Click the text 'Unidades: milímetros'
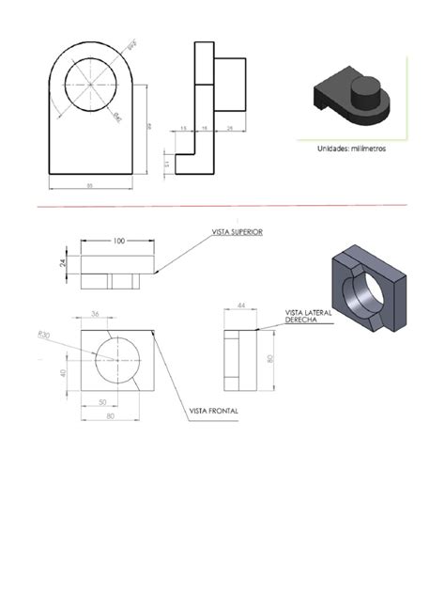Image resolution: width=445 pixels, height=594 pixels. [x=349, y=148]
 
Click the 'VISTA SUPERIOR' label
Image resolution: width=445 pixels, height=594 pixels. [x=238, y=232]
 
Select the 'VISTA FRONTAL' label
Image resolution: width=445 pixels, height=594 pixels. [x=213, y=411]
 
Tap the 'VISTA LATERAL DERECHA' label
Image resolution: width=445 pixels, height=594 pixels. [x=308, y=316]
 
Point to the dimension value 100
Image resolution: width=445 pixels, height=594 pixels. [x=118, y=241]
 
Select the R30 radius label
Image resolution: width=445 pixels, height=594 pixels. [x=43, y=335]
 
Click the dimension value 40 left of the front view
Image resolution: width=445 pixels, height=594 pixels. [x=64, y=374]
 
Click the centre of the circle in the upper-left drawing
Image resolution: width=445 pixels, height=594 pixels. [x=90, y=84]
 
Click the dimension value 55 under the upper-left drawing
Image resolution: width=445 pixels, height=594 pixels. [x=90, y=186]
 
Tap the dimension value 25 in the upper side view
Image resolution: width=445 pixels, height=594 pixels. [x=230, y=129]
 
